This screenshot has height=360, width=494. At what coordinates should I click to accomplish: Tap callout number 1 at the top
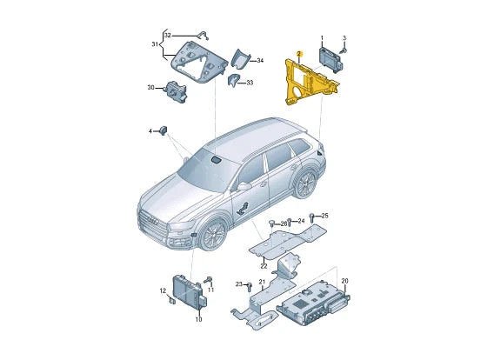(322, 38)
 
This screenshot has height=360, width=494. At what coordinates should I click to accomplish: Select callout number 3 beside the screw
(344, 38)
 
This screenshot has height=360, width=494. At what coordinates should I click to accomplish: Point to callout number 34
(259, 60)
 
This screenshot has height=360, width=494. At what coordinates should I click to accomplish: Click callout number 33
(250, 83)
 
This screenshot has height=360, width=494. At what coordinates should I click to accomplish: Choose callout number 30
(150, 87)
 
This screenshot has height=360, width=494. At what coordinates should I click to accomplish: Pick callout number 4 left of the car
(150, 130)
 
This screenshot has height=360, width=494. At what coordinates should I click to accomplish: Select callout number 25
(324, 215)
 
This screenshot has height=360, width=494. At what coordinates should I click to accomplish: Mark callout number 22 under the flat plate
(264, 265)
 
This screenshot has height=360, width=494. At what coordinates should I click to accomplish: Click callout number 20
(344, 280)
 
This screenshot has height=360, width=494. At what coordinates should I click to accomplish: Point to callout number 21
(262, 282)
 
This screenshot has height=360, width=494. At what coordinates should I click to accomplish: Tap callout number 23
(237, 284)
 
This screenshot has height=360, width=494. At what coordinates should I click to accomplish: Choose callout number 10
(198, 319)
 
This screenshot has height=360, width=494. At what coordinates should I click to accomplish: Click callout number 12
(163, 290)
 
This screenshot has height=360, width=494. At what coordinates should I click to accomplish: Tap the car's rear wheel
(304, 183)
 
